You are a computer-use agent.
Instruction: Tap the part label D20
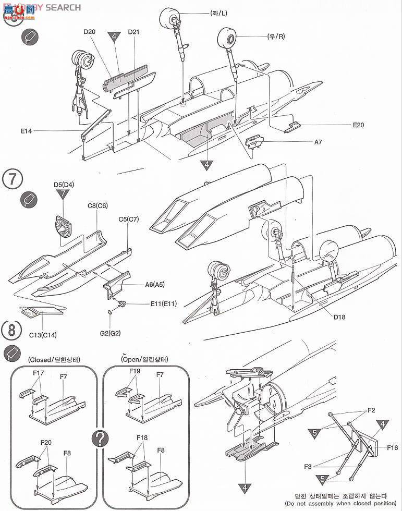pos(89,32)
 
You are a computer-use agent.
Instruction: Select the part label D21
pos(134,32)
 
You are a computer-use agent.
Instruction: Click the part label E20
pos(359,125)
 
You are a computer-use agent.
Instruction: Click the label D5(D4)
pos(64,184)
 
